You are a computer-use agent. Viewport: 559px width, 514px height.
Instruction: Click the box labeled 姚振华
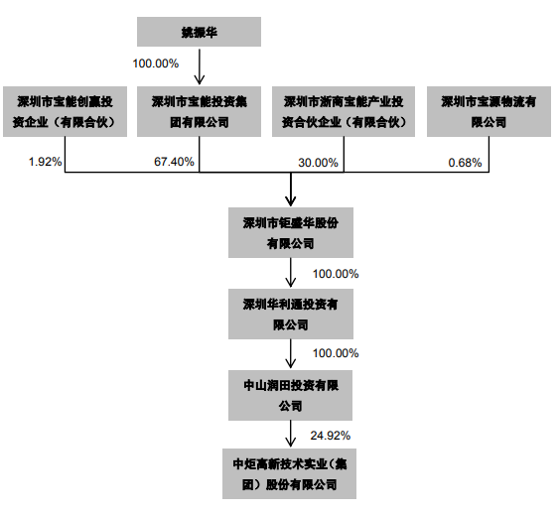[199, 32]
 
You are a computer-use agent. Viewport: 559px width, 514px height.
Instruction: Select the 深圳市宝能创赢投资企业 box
[65, 111]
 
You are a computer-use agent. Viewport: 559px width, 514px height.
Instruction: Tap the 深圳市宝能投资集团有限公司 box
[199, 111]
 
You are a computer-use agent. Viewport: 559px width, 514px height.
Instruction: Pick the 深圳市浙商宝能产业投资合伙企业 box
[344, 111]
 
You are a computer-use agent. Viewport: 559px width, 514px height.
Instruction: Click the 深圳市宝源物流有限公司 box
[489, 111]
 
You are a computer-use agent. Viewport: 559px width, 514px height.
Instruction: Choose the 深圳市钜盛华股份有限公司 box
[291, 232]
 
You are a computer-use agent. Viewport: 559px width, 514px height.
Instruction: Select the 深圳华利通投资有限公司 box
[291, 314]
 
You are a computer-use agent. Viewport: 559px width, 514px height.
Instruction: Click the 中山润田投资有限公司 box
[291, 395]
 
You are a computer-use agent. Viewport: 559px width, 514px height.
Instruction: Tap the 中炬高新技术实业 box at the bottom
[290, 473]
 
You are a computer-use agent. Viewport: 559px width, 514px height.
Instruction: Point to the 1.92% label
[46, 162]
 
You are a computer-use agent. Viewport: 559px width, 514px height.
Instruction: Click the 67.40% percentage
[174, 162]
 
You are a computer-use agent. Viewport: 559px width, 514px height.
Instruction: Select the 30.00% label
[318, 163]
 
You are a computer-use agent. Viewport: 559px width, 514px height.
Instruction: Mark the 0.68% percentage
[465, 163]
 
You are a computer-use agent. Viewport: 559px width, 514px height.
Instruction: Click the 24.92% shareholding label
[330, 436]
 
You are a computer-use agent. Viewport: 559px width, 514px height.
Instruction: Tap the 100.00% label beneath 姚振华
[156, 64]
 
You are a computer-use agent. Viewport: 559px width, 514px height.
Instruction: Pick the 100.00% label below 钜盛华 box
[336, 274]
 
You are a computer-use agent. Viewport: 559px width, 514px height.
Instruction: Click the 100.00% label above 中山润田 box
[336, 353]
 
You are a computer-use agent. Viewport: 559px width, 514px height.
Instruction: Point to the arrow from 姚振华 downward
[200, 66]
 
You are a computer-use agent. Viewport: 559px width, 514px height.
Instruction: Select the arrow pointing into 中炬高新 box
[291, 434]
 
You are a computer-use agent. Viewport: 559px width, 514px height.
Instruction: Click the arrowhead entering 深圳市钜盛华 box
[291, 201]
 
